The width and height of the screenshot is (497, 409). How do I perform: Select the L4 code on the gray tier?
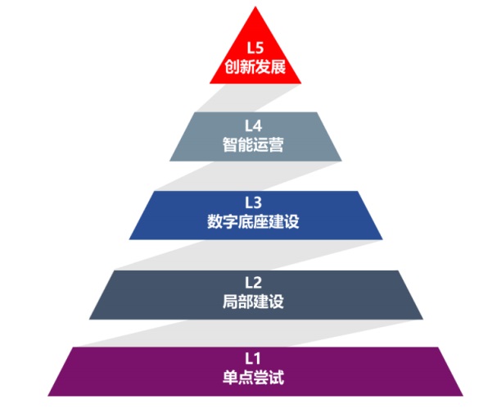255,125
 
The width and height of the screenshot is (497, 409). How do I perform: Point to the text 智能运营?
255,143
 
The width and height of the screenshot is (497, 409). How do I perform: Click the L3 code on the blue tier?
255,202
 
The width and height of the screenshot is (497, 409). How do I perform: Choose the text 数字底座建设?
255,221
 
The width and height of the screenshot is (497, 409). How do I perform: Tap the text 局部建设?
255,301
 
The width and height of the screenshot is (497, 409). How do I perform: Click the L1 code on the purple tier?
255,358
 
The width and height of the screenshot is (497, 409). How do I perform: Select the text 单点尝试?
255,378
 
